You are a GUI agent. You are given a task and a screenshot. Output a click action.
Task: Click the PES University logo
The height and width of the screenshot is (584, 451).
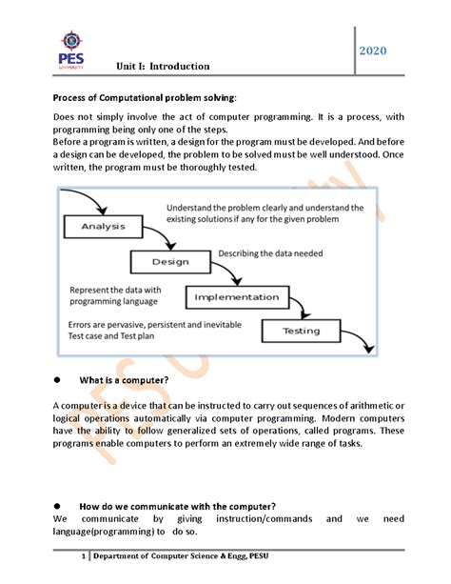click(71, 50)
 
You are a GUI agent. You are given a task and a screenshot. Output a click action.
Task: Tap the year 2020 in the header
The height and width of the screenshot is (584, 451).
click(372, 50)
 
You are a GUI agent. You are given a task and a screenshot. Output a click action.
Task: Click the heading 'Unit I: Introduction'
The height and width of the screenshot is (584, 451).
click(163, 67)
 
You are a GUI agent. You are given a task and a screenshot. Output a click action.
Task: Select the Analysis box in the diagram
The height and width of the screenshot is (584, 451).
click(103, 227)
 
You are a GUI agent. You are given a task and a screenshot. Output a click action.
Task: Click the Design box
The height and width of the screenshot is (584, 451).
click(170, 262)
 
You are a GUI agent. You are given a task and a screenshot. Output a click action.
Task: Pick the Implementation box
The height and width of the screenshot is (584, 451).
click(237, 297)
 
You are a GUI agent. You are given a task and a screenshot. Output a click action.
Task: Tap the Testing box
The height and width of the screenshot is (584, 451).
click(301, 331)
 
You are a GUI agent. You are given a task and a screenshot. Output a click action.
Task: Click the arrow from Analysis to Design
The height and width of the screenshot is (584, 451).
click(162, 234)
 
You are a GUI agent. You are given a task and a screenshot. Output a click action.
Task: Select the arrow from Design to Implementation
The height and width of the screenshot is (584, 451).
click(229, 270)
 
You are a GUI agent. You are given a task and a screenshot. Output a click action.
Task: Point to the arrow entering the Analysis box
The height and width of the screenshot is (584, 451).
click(90, 196)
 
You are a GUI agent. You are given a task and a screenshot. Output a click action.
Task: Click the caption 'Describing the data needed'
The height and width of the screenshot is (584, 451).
click(270, 253)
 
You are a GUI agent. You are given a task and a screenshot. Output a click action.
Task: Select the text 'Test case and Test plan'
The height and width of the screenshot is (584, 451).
click(111, 336)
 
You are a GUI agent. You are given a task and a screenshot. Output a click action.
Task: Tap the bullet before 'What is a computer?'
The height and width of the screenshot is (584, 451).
click(57, 380)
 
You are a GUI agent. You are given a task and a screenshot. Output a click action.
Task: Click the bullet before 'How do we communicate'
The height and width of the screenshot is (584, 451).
click(57, 506)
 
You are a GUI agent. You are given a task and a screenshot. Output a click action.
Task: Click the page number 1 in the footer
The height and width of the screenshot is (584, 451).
click(84, 556)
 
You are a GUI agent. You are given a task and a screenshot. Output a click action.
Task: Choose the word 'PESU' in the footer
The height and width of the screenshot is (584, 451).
click(259, 556)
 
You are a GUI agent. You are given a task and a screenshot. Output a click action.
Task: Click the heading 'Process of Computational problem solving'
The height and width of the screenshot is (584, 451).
click(145, 98)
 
